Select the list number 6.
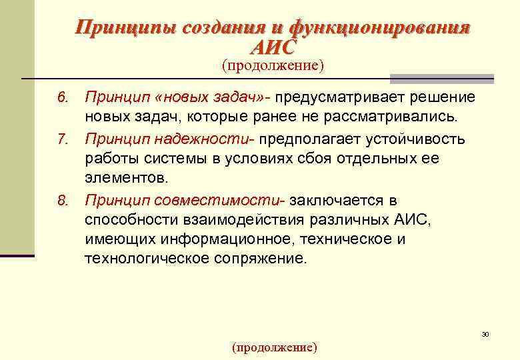coord(63,98)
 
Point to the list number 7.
coord(63,140)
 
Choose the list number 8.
coord(63,201)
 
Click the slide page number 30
coord(485,333)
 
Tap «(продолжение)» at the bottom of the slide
coord(274,347)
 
